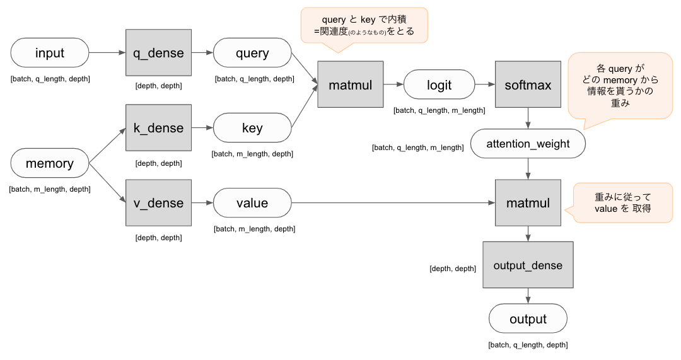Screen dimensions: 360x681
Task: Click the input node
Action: (50, 54)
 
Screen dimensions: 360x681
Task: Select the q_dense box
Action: (158, 54)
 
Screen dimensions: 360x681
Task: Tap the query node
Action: (252, 54)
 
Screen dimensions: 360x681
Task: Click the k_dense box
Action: (158, 128)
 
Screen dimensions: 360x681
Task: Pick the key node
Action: (252, 128)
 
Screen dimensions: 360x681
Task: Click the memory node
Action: (50, 164)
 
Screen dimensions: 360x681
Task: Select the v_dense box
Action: (158, 203)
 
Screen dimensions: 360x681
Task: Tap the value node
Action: (252, 203)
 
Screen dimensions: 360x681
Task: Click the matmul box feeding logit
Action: (351, 85)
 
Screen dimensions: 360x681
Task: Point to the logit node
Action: (439, 85)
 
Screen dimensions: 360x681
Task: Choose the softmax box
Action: (528, 85)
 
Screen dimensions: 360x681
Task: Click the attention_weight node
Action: (528, 144)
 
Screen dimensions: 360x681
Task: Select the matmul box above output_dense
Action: (528, 203)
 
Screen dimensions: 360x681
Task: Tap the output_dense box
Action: (528, 265)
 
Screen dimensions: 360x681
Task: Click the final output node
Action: (528, 319)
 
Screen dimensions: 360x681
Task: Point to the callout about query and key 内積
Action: (364, 25)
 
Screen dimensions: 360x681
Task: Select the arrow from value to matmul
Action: (391, 203)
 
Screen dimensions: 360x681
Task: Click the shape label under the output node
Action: (528, 345)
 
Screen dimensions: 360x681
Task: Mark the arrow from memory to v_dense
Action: (107, 183)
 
